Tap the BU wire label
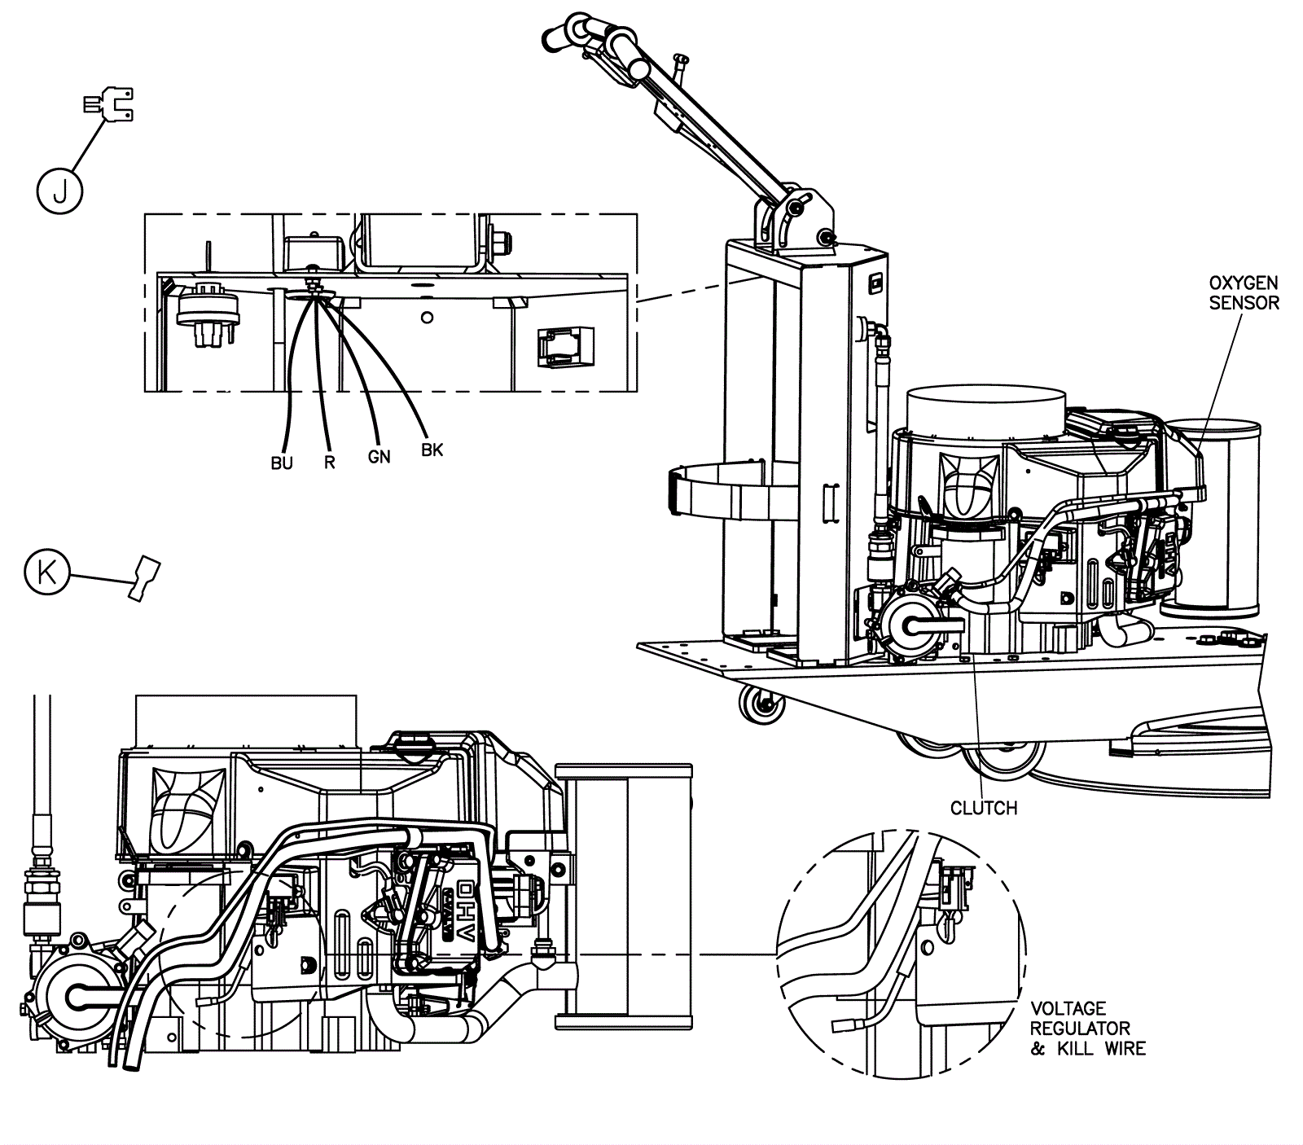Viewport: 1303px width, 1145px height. click(282, 463)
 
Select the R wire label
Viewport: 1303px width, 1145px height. click(329, 463)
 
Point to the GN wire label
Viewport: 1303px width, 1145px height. click(379, 457)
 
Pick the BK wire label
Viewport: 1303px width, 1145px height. click(432, 450)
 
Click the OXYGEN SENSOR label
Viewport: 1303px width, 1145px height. click(1244, 293)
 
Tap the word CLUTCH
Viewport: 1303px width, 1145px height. click(984, 808)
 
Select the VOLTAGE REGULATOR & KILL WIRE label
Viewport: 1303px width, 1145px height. click(1086, 1029)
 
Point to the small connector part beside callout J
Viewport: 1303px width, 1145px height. click(109, 104)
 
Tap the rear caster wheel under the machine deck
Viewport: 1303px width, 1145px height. click(761, 703)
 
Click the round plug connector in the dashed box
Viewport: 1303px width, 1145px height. click(208, 311)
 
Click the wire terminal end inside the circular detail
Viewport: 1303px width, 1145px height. click(842, 1027)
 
